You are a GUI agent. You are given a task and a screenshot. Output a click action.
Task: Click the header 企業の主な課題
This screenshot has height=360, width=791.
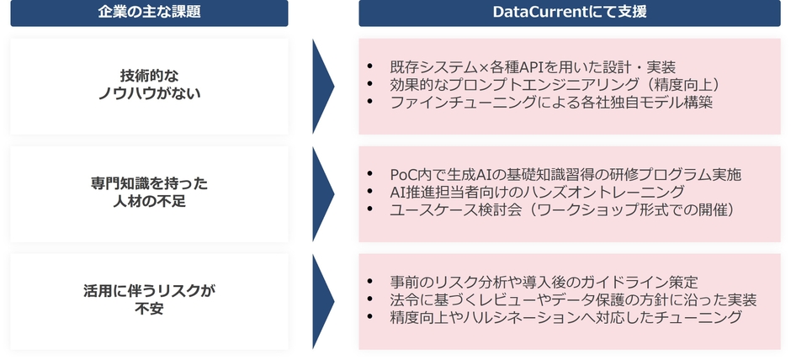pos(149,12)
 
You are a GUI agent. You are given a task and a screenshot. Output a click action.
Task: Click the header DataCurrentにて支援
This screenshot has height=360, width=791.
pos(570,12)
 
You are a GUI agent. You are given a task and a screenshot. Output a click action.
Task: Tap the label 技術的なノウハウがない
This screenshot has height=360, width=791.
pos(149,85)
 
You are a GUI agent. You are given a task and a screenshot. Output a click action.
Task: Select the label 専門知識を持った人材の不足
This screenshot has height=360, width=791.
pos(149,192)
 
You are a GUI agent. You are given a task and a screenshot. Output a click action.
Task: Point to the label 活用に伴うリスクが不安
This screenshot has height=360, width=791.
pos(149,300)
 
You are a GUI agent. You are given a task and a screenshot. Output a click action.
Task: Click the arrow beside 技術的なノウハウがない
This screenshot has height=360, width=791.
pos(323,87)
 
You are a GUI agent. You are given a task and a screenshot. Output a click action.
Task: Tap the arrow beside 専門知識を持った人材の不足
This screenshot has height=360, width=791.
pos(323,193)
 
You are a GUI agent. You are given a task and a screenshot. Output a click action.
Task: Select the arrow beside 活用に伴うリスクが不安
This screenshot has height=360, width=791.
pos(323,301)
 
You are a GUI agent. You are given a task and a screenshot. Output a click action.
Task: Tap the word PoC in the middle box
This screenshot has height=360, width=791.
pos(405,174)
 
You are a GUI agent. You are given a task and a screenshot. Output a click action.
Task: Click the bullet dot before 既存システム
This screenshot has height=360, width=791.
pos(371,66)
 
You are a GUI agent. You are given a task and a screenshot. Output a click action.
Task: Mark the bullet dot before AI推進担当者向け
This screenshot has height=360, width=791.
pos(371,192)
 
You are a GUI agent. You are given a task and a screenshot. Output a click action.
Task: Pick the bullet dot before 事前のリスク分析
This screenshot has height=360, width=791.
pos(371,282)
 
